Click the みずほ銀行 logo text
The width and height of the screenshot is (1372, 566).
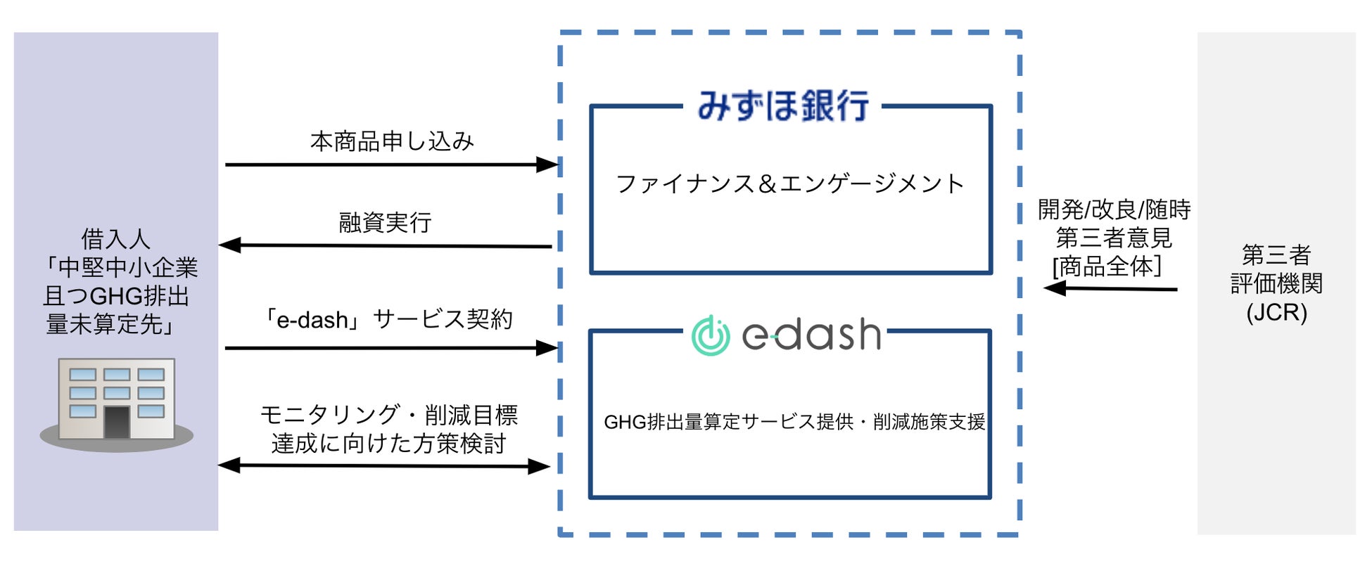click(x=782, y=106)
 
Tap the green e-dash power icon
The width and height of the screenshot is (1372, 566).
click(x=711, y=335)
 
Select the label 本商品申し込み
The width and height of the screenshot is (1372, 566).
click(x=392, y=141)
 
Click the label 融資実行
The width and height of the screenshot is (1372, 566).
click(x=385, y=223)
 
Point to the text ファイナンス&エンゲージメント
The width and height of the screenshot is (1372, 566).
click(x=789, y=184)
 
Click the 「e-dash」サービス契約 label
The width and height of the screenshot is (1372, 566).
click(x=386, y=320)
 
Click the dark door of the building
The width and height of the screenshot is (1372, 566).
click(x=117, y=422)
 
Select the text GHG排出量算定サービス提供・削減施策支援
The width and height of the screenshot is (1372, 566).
click(x=794, y=422)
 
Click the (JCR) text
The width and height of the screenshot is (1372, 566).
click(x=1276, y=312)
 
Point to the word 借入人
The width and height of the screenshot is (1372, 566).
click(x=115, y=239)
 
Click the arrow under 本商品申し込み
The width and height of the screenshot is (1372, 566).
click(x=390, y=165)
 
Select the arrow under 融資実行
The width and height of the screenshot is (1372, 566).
click(x=385, y=246)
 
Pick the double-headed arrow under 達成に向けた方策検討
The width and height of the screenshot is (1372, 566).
click(x=384, y=465)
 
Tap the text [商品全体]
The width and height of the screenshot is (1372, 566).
click(x=1107, y=266)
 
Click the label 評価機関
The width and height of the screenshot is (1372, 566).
click(x=1276, y=283)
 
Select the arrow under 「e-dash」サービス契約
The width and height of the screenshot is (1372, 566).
click(x=390, y=348)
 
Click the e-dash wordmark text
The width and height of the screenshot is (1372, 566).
click(x=811, y=335)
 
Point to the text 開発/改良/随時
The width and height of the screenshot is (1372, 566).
click(x=1114, y=210)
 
